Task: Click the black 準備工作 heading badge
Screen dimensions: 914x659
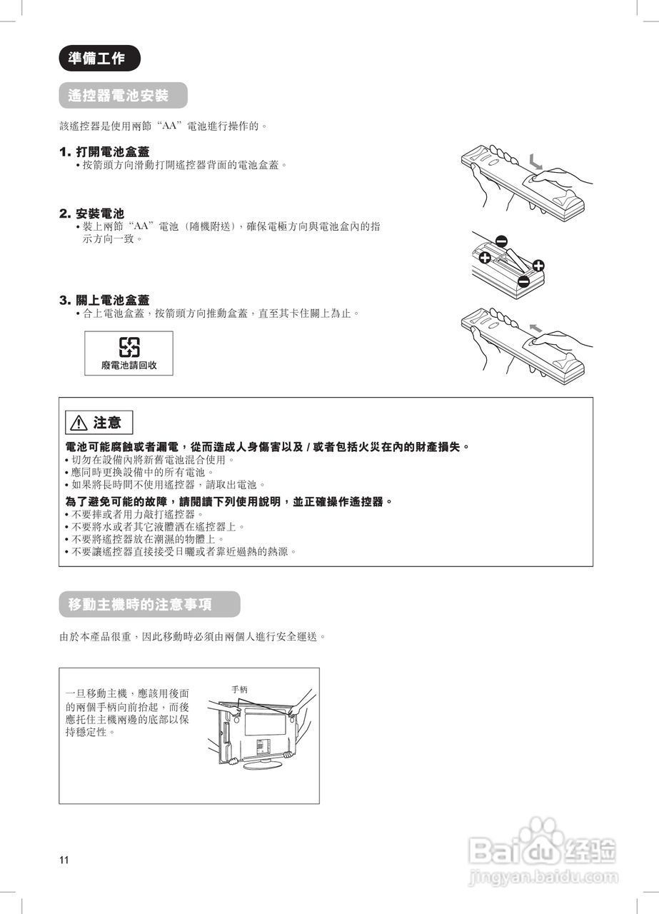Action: click(x=99, y=59)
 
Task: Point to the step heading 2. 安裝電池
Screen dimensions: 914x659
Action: click(x=91, y=214)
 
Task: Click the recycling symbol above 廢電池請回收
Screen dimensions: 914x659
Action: click(x=129, y=347)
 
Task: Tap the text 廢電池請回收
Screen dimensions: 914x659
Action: click(x=129, y=365)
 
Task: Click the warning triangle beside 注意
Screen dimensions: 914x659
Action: click(x=78, y=423)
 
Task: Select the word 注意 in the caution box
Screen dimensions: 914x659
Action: click(x=107, y=423)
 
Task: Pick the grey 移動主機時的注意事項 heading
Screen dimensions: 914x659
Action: click(x=149, y=604)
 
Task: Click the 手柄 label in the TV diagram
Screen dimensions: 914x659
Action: click(x=240, y=690)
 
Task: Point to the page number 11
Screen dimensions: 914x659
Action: click(x=64, y=860)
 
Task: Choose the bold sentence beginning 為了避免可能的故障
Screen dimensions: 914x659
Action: click(x=229, y=502)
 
